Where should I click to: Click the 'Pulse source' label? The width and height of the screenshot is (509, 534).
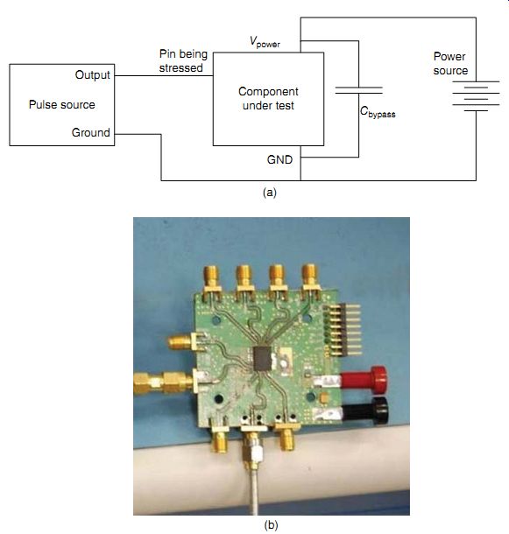tap(61, 104)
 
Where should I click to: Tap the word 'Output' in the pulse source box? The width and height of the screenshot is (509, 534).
tap(92, 75)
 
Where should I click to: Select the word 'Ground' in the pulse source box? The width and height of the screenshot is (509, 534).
tap(91, 132)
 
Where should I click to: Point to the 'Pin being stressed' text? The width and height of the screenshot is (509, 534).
tap(183, 61)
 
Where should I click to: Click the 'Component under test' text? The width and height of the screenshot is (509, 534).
tap(268, 98)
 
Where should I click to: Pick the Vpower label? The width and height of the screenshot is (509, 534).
tap(265, 42)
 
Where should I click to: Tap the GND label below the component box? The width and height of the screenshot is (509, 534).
tap(279, 159)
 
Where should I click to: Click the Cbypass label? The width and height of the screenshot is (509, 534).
tap(378, 112)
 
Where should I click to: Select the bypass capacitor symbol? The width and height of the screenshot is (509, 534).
tap(358, 90)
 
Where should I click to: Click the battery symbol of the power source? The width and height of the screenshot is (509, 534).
tap(476, 96)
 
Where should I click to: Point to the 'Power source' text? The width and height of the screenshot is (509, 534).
tap(450, 63)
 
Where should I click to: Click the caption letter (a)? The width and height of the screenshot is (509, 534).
tap(270, 193)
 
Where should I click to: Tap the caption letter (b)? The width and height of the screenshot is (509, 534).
tap(271, 524)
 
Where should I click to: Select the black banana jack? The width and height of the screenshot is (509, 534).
tap(365, 411)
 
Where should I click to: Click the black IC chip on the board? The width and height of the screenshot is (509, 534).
tap(263, 358)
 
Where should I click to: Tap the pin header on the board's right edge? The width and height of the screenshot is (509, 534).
tap(342, 329)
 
